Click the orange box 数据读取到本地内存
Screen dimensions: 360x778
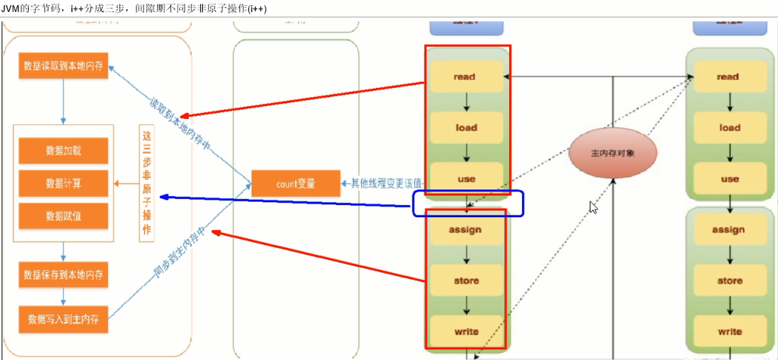pos(64,66)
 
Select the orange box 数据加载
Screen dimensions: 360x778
pos(64,151)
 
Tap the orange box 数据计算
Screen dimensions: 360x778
pos(64,184)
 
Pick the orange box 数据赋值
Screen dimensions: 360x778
pos(64,216)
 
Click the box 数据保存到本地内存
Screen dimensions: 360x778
pos(64,274)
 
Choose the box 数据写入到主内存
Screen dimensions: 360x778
pos(64,319)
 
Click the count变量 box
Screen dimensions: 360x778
pos(296,184)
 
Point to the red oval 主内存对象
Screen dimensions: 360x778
pos(613,153)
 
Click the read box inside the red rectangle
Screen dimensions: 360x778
pos(465,77)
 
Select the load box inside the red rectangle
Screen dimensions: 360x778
pos(466,128)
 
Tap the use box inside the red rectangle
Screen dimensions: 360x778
pos(466,179)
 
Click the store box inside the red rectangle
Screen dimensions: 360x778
pos(466,281)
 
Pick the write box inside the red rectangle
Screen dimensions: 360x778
pos(466,332)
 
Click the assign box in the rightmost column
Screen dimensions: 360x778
pos(729,230)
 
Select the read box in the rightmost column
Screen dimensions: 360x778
pos(728,77)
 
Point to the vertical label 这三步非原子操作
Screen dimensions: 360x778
pos(147,183)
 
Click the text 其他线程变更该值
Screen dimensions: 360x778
pos(385,183)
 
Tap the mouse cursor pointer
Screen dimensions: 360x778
pos(593,207)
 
